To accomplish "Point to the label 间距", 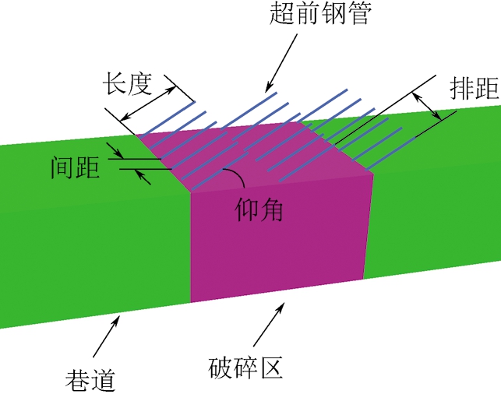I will [75, 167].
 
